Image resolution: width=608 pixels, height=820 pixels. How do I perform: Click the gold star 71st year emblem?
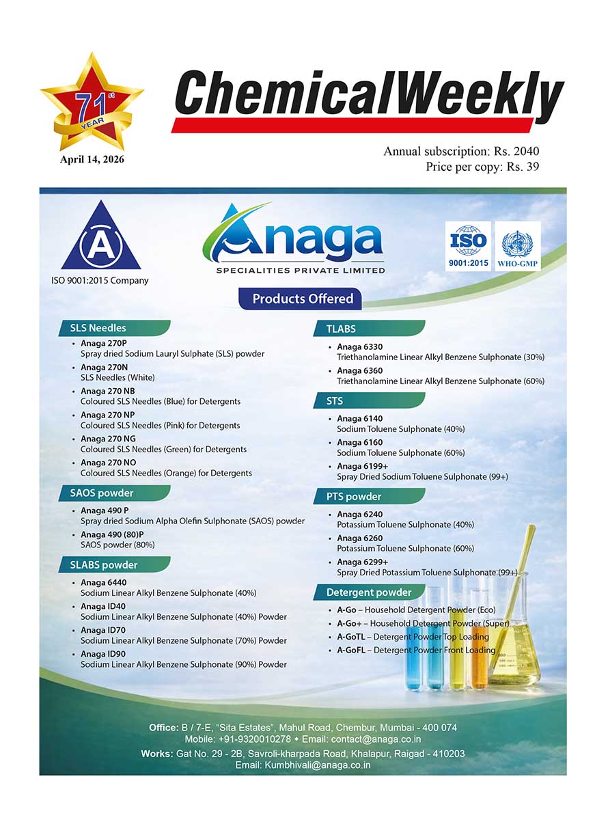click(x=92, y=102)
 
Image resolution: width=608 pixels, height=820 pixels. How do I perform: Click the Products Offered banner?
click(x=302, y=299)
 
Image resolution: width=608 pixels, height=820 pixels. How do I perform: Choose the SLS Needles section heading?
click(x=98, y=328)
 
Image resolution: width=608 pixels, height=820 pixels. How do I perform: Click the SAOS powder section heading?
click(x=102, y=493)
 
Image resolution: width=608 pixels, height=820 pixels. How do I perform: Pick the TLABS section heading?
click(x=341, y=329)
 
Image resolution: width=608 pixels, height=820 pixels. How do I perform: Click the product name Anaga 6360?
click(x=359, y=370)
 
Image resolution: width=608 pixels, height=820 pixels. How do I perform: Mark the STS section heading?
click(x=335, y=400)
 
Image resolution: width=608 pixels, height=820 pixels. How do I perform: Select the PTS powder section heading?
click(x=354, y=496)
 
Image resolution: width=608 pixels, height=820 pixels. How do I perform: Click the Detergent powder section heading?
click(x=369, y=592)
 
